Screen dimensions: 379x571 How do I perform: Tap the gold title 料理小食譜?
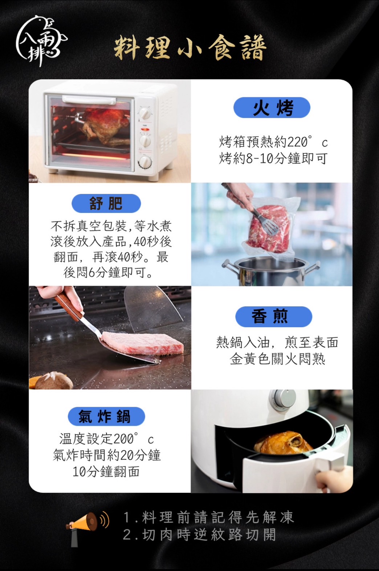tap(190, 48)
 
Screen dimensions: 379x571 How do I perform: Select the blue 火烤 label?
tap(272, 108)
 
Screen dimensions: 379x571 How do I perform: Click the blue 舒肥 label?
tap(106, 203)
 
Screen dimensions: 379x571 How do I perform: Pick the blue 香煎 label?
tap(273, 317)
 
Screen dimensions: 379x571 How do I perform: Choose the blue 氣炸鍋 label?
tap(106, 416)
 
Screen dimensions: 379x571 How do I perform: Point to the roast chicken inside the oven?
tap(106, 125)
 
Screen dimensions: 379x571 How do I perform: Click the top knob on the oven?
tap(146, 114)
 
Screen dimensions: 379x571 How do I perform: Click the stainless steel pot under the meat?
tap(271, 271)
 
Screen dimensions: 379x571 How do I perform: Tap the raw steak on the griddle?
tap(142, 343)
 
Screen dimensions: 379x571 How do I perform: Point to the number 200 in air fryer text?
tap(124, 439)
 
